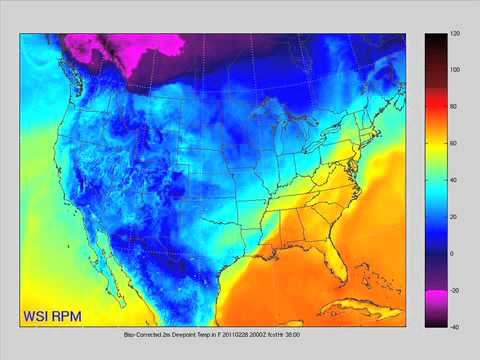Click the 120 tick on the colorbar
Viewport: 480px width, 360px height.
pos(455,35)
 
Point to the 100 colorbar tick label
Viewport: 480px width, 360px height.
pos(455,71)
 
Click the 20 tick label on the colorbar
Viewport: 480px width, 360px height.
pos(454,217)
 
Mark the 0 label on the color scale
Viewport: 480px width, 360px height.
pos(452,254)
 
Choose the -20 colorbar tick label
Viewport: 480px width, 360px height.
pos(454,290)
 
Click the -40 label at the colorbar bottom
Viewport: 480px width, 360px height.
pos(454,326)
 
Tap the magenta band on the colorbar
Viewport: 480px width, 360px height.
pos(434,299)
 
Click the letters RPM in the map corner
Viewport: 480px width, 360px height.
pos(68,317)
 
